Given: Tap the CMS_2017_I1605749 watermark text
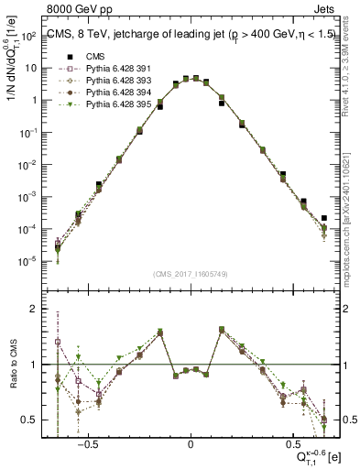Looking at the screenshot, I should coord(191,274).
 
